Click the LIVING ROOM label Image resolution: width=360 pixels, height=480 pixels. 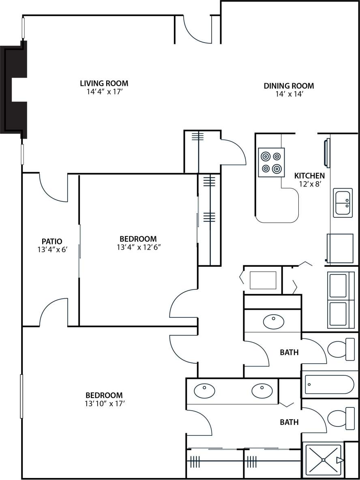pyautogui.click(x=104, y=84)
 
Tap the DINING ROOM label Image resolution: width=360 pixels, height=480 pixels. pyautogui.click(x=289, y=86)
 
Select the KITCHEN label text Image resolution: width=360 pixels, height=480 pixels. pyautogui.click(x=309, y=176)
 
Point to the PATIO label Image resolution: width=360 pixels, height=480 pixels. pyautogui.click(x=51, y=242)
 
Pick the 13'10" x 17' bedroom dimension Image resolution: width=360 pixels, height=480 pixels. pyautogui.click(x=104, y=403)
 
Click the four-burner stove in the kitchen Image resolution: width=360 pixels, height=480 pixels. pyautogui.click(x=271, y=162)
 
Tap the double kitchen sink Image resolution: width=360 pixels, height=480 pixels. pyautogui.click(x=343, y=203)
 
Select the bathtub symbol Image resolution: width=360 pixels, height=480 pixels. pyautogui.click(x=330, y=384)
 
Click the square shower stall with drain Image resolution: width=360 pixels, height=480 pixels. pyautogui.click(x=323, y=460)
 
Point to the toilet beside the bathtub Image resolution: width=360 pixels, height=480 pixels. pyautogui.click(x=341, y=349)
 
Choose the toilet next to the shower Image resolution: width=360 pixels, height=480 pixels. pyautogui.click(x=341, y=418)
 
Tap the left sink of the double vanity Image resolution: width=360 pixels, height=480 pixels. pyautogui.click(x=205, y=391)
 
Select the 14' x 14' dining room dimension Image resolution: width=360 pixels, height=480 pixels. pyautogui.click(x=289, y=94)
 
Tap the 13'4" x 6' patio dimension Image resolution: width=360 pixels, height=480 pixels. pyautogui.click(x=51, y=250)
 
